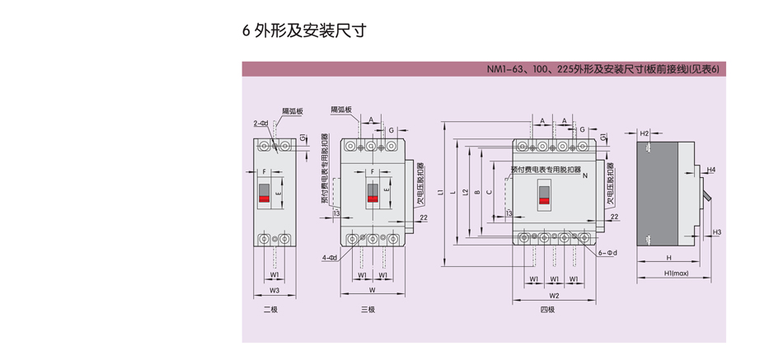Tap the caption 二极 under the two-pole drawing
coord(272,310)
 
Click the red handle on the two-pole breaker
coord(265,199)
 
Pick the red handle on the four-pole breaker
coord(545,199)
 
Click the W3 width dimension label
coord(275,291)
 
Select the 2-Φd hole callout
coord(261,124)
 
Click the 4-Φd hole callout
coord(330,258)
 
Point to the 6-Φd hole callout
coord(608,253)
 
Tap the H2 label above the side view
coord(645,133)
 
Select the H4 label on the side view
coord(711,170)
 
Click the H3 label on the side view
coord(717,232)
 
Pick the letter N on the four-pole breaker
coord(584,176)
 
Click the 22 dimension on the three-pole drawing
coord(423,217)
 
